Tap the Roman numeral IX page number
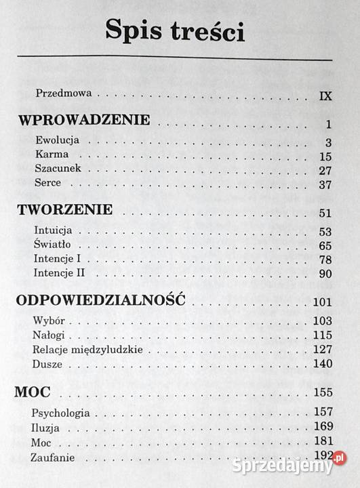325,95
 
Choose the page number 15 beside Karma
325,156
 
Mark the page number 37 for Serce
325,184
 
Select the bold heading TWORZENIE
64,210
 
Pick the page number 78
325,260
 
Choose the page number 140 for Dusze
323,364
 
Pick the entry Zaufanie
54,457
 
